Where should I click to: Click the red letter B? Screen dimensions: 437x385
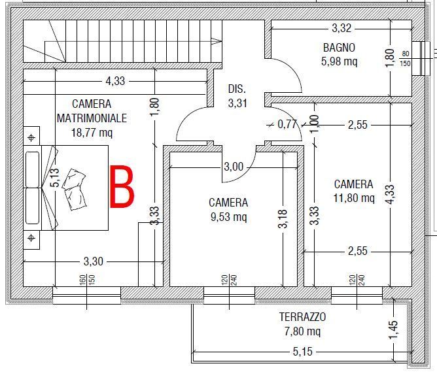[x=122, y=187]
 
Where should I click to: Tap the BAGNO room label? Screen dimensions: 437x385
[x=339, y=48]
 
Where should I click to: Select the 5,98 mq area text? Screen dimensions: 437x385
[x=339, y=61]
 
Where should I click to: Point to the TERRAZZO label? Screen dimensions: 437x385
[x=302, y=317]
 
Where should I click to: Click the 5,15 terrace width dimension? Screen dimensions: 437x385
[x=302, y=352]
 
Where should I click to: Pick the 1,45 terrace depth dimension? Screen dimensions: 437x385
[x=393, y=330]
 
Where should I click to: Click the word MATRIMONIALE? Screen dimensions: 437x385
[x=92, y=118]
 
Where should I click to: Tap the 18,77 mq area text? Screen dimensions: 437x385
[x=92, y=133]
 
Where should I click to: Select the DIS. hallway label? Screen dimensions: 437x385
[x=237, y=89]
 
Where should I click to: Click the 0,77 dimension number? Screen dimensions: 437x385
[x=287, y=124]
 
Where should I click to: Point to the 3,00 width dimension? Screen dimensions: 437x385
[x=234, y=167]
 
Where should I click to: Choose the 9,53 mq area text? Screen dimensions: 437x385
[x=228, y=217]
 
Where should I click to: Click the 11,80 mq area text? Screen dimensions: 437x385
[x=354, y=198]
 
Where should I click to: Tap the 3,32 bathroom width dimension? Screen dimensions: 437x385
[x=341, y=28]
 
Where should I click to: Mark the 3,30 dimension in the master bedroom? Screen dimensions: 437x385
[x=94, y=261]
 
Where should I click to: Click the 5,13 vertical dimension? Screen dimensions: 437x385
[x=55, y=177]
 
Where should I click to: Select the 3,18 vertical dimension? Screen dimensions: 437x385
[x=283, y=219]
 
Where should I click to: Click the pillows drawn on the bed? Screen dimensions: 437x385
[x=74, y=189]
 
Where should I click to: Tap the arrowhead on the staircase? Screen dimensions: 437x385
[x=217, y=41]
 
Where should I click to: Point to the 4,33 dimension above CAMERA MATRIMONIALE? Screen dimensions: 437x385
[x=115, y=81]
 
